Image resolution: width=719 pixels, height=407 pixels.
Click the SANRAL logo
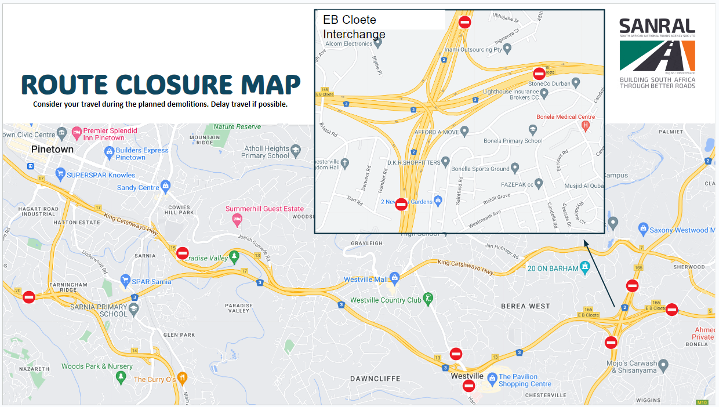click(x=657, y=53)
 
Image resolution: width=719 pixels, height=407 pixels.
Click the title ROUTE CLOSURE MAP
click(x=161, y=85)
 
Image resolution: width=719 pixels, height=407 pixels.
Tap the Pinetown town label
click(x=52, y=149)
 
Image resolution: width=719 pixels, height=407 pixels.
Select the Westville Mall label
click(x=365, y=279)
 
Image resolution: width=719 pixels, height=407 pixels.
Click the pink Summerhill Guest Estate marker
click(x=237, y=220)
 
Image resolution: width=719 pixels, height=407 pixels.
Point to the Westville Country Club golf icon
click(x=429, y=299)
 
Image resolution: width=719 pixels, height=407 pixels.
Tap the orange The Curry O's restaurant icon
click(x=183, y=378)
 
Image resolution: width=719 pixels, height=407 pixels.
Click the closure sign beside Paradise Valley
click(x=183, y=253)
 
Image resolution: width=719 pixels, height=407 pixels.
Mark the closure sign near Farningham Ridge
click(x=29, y=297)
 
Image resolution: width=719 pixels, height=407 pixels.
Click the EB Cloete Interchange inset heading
click(x=354, y=27)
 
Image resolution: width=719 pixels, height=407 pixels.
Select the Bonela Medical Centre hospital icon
click(x=586, y=126)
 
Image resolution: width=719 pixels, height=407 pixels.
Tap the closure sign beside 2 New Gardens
click(x=401, y=204)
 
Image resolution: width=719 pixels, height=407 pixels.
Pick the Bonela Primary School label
click(x=513, y=140)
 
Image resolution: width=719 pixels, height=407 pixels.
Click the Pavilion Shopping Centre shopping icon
click(x=492, y=377)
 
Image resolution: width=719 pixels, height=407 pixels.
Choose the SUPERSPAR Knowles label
click(x=101, y=175)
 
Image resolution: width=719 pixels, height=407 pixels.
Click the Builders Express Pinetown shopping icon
click(x=109, y=152)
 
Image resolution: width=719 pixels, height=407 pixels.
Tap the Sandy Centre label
click(x=138, y=187)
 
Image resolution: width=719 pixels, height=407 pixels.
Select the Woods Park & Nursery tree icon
click(x=121, y=377)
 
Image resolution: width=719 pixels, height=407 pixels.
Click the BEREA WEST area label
click(x=525, y=306)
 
